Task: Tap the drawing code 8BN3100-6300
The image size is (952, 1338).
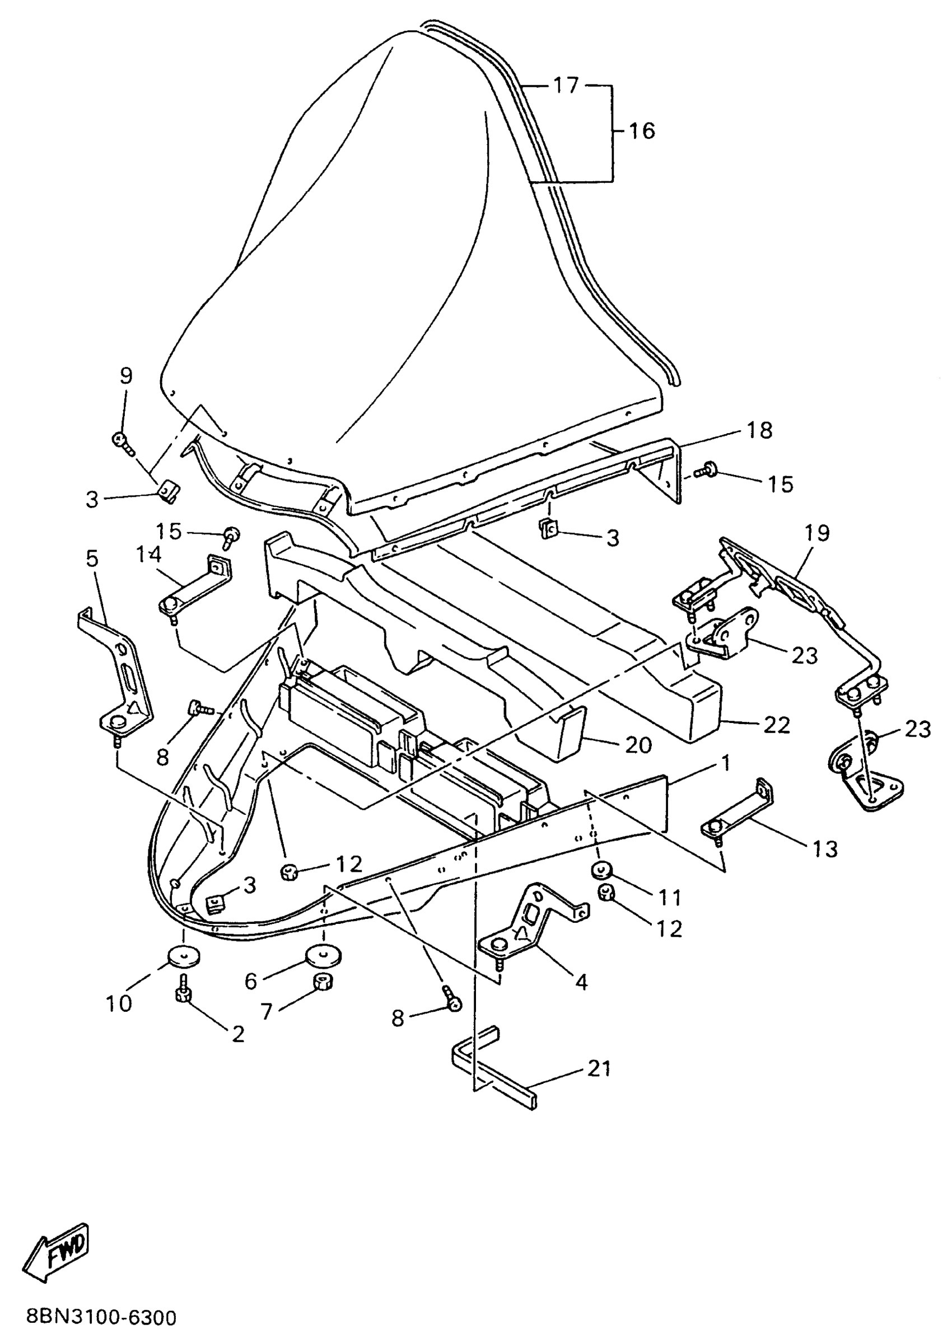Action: (x=101, y=1317)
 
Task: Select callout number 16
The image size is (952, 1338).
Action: (x=641, y=131)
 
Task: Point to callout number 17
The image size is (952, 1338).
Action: (x=566, y=86)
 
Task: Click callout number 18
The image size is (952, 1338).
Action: (x=760, y=430)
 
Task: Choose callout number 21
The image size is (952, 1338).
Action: (x=599, y=1068)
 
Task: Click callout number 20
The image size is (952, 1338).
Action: (x=638, y=745)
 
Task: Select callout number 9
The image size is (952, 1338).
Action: (x=126, y=375)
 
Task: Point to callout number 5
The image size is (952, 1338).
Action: (x=92, y=559)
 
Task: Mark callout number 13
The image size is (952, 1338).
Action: (x=825, y=849)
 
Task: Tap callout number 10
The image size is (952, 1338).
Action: (x=119, y=1003)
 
